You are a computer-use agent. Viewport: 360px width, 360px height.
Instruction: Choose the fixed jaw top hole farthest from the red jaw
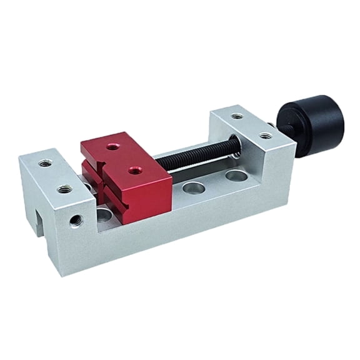click(44, 163)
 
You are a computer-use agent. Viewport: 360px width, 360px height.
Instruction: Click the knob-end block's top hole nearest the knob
click(266, 134)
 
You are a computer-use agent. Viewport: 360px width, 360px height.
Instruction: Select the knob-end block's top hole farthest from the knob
click(236, 116)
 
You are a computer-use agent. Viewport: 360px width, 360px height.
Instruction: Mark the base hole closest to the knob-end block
click(236, 176)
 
